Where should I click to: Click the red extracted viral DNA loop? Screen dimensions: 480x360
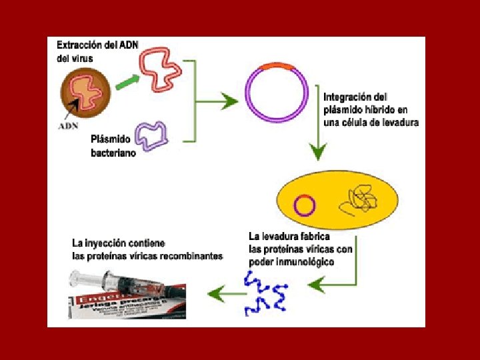click(x=160, y=72)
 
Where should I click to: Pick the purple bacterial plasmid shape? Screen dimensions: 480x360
click(x=151, y=135)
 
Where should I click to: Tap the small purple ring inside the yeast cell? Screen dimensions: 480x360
click(x=304, y=204)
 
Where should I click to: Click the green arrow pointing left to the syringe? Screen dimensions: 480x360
click(x=220, y=290)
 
